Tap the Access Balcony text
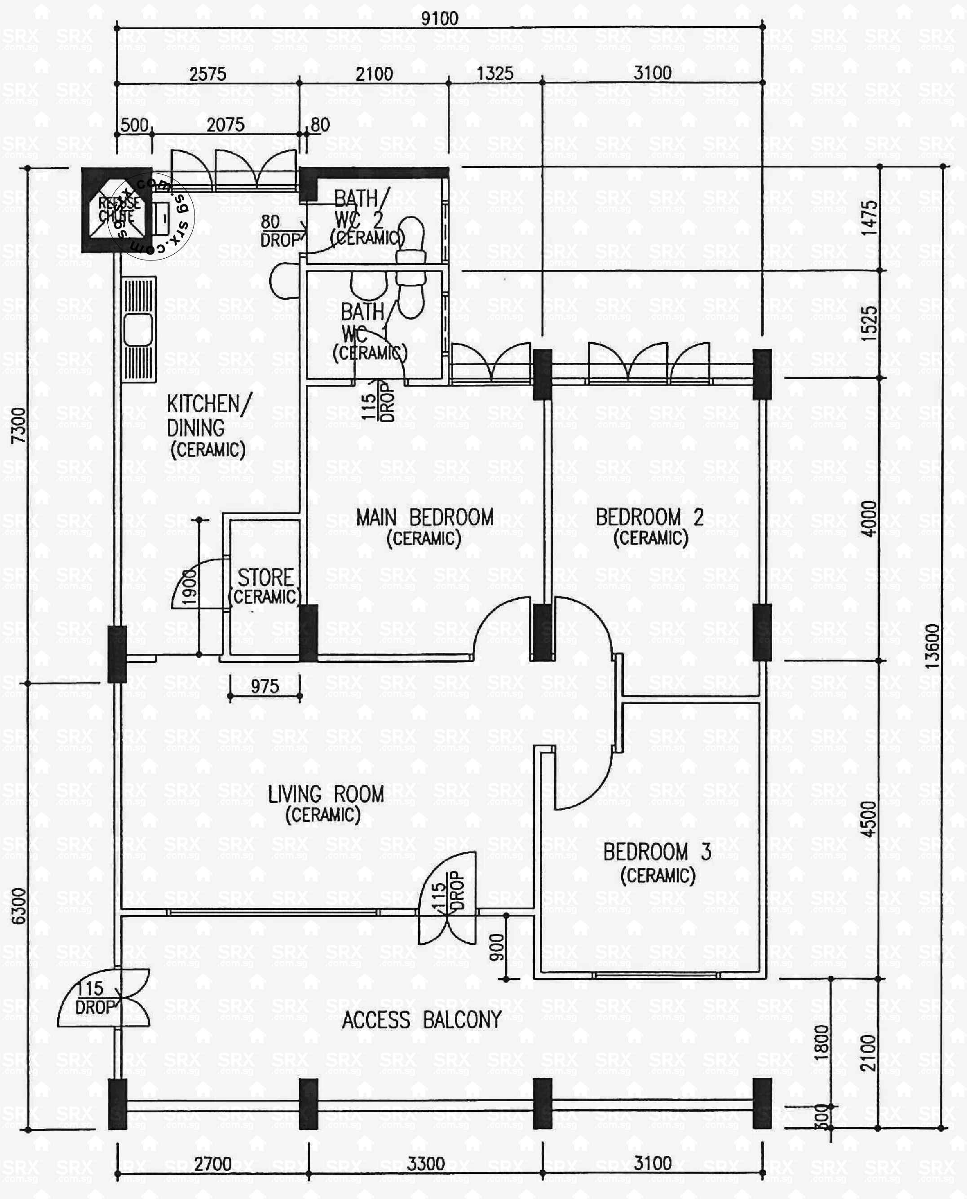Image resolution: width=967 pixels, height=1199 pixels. [x=422, y=1020]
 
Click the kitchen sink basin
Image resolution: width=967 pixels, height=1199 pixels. [x=137, y=330]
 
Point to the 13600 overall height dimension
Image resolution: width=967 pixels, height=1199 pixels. [x=932, y=646]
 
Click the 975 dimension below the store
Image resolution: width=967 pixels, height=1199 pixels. [x=265, y=686]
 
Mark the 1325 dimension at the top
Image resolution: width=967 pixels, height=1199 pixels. [x=495, y=74]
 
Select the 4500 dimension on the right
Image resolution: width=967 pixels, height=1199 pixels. [x=868, y=819]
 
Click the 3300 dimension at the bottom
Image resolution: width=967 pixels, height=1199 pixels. [x=426, y=1164]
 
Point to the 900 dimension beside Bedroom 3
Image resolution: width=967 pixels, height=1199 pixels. [x=496, y=947]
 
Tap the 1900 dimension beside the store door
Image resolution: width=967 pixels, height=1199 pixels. [x=190, y=586]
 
